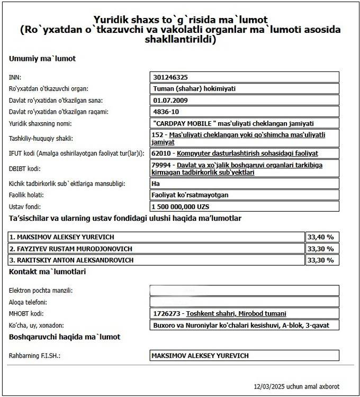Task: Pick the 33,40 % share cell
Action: tap(320, 237)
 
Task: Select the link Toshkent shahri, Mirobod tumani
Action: tap(236, 314)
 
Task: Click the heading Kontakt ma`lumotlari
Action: tap(48, 272)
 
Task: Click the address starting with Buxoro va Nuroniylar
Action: tap(244, 325)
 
